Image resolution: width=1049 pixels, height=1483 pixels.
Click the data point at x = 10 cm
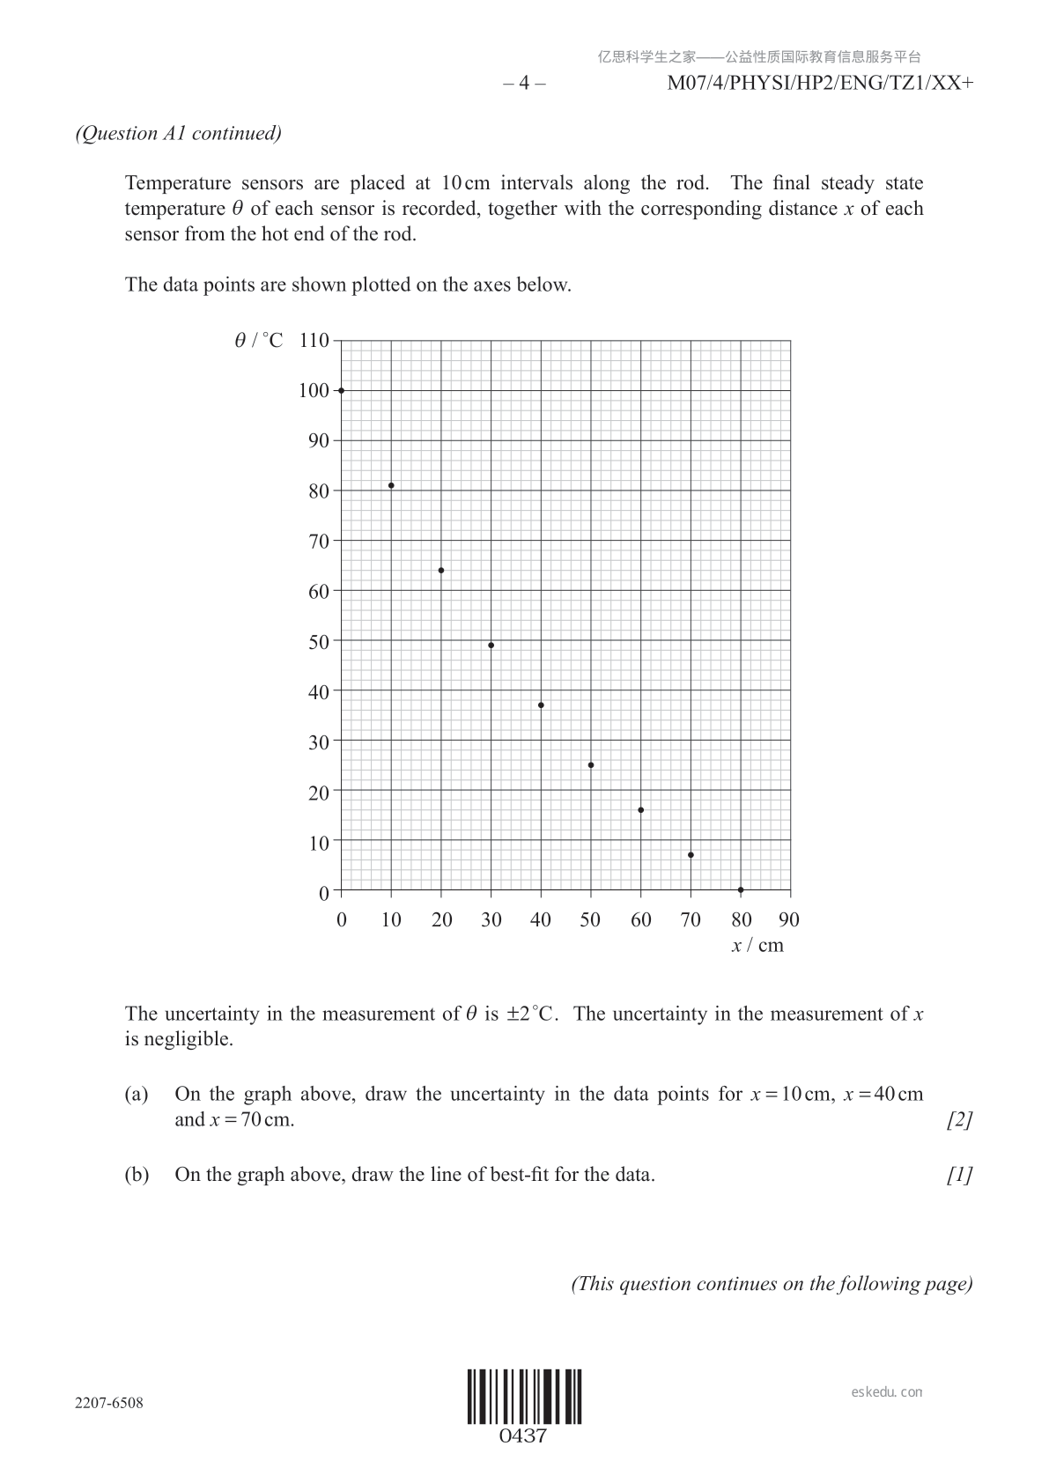[391, 485]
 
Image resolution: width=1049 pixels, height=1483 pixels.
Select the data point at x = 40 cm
[541, 705]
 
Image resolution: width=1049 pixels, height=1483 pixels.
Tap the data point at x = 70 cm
[691, 855]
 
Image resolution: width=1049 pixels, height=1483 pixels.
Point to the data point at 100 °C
[342, 390]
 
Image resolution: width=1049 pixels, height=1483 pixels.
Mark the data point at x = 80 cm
[741, 890]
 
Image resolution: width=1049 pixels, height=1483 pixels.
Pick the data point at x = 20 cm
[441, 571]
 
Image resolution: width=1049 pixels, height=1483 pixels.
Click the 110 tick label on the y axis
[314, 341]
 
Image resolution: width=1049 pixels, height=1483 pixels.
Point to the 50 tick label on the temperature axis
[318, 642]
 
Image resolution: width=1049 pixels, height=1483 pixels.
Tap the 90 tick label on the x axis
[789, 920]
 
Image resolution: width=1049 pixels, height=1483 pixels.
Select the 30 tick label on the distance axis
[491, 920]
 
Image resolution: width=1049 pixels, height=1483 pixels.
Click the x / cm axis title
[757, 946]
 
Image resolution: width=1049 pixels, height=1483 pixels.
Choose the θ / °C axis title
[259, 341]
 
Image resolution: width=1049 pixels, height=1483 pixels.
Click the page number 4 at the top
[524, 84]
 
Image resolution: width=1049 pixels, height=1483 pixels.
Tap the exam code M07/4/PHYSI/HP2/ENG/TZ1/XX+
[820, 84]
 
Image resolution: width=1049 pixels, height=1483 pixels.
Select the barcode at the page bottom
[524, 1396]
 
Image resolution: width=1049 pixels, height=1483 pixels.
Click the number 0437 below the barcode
[523, 1436]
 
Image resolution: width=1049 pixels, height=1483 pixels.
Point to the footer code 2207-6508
[109, 1403]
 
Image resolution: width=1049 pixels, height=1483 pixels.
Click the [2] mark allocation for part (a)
[959, 1120]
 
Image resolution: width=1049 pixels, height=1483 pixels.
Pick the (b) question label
[137, 1175]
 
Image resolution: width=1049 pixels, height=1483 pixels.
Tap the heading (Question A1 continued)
[179, 134]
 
